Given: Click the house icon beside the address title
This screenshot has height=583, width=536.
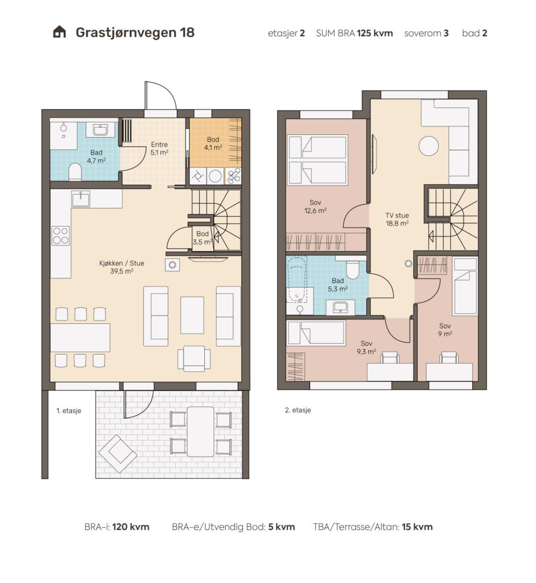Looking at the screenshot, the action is click(x=60, y=32).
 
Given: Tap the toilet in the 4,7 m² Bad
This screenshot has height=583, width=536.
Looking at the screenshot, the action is click(x=75, y=172).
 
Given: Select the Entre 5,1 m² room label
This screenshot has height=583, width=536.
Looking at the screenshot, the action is click(x=159, y=149).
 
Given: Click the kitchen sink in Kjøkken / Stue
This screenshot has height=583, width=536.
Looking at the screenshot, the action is click(x=81, y=199).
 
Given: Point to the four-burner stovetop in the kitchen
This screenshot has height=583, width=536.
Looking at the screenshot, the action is click(x=60, y=236).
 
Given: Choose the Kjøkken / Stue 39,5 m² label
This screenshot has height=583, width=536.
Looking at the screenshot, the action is click(x=122, y=267).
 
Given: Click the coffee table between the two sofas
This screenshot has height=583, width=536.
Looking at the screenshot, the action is click(x=192, y=315).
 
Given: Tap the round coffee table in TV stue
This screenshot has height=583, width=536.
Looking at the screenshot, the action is click(x=428, y=146).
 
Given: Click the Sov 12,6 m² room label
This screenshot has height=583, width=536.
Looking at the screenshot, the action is click(x=315, y=206).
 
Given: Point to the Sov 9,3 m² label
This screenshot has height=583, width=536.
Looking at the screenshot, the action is click(x=366, y=347).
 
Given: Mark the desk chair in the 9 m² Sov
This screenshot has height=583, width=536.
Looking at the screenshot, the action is click(x=448, y=358).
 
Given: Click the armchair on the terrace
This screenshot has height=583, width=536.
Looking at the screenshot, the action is click(x=117, y=454).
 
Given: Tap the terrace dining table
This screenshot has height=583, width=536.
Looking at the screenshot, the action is click(x=200, y=432).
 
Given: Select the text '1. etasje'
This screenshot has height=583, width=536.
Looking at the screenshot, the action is click(x=69, y=411).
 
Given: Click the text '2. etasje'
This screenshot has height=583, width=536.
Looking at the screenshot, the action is click(x=298, y=410).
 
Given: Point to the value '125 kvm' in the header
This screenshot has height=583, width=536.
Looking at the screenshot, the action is click(x=374, y=33).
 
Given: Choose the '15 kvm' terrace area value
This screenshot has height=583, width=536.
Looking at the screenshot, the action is click(x=417, y=527).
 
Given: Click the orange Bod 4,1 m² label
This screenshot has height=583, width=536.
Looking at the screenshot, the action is click(x=213, y=143).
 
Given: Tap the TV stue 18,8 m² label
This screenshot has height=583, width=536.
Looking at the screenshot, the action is click(x=397, y=219).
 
